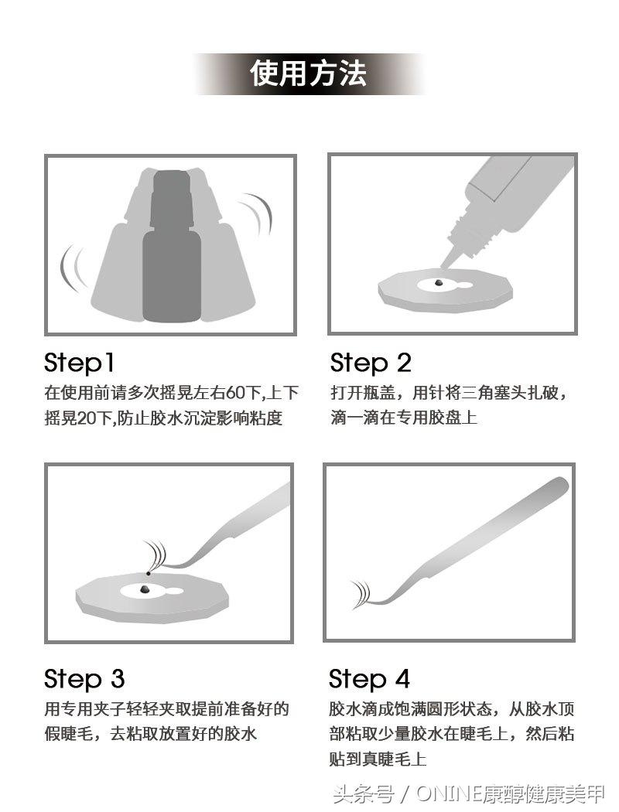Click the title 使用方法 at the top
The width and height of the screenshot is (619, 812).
click(x=308, y=73)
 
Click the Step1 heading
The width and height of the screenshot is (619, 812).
click(x=79, y=363)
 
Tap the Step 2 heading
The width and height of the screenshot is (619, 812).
click(x=371, y=363)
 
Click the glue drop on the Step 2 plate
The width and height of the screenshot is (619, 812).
click(x=439, y=283)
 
